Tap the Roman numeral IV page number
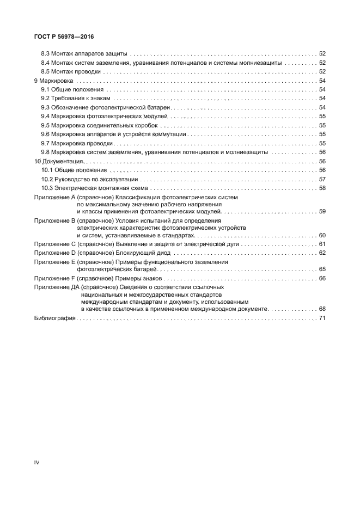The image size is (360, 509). coord(37,463)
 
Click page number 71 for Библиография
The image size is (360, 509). coord(322,317)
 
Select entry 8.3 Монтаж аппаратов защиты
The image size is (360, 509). coord(84,54)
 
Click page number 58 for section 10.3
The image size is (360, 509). coord(322,188)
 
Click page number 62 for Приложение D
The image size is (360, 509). coord(322,253)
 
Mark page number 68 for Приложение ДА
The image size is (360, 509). coord(322,308)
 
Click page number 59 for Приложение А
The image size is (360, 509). coord(322,211)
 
